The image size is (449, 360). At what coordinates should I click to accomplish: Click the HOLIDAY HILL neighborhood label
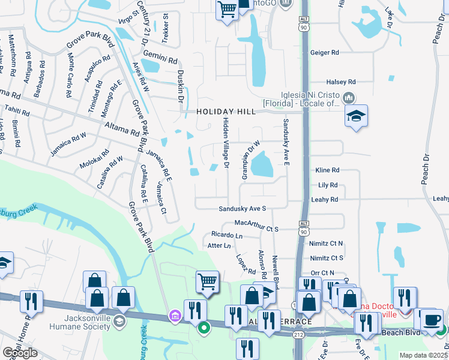(x=226, y=112)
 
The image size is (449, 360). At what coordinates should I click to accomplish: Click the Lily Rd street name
(x=328, y=185)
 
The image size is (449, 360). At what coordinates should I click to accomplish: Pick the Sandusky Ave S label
(x=242, y=208)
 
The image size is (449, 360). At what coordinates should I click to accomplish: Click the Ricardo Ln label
(x=226, y=235)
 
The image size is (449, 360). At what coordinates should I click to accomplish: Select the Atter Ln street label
(x=218, y=246)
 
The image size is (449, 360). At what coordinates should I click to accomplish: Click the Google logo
(x=20, y=353)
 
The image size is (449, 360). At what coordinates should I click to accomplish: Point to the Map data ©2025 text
(x=423, y=355)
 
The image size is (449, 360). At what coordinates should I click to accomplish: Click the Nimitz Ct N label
(x=327, y=244)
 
